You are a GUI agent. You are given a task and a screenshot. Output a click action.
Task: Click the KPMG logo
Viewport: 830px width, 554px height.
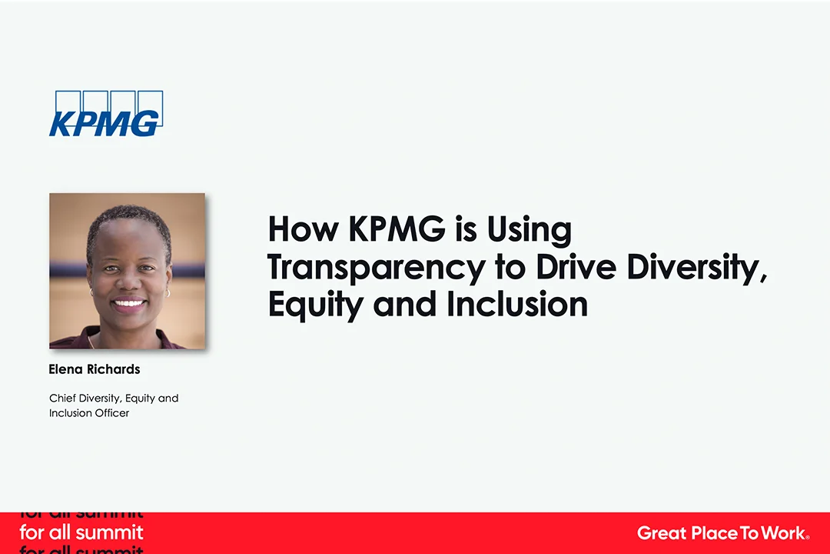click(x=106, y=113)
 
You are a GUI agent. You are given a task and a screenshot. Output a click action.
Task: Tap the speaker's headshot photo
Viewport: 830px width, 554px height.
click(x=127, y=271)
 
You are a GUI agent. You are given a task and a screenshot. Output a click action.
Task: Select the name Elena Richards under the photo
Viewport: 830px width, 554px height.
click(x=95, y=369)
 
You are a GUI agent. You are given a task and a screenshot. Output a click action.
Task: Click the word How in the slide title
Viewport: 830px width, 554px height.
click(x=303, y=229)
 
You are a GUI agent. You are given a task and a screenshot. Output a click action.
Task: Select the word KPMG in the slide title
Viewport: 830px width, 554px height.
click(x=397, y=229)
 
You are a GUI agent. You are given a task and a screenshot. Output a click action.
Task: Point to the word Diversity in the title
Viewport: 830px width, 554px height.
click(x=696, y=268)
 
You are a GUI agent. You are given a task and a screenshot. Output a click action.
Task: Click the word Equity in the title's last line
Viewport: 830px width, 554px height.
click(x=316, y=305)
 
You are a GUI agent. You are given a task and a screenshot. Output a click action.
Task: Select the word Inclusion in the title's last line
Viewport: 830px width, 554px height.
click(x=517, y=304)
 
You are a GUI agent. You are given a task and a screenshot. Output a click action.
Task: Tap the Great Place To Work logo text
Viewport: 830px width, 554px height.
click(x=723, y=532)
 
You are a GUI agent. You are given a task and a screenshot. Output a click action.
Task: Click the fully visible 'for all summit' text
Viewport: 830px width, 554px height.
click(x=81, y=532)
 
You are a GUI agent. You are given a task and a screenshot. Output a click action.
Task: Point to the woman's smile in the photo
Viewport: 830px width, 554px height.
click(x=128, y=304)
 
